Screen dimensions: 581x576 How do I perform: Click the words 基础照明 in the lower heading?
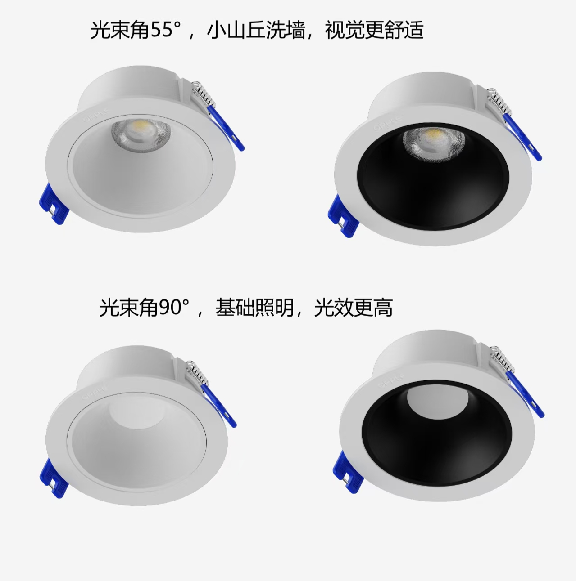point(254,308)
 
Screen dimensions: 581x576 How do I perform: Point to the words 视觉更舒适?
point(374,31)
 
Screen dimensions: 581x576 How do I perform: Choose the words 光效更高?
point(353,308)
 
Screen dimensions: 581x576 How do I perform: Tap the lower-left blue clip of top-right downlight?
point(340,212)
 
